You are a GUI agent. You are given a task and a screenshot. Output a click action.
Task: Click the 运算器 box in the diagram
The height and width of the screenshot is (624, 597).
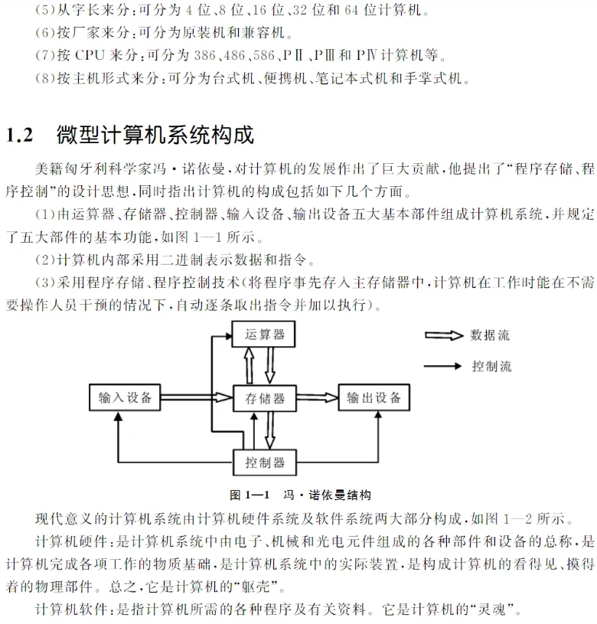263,334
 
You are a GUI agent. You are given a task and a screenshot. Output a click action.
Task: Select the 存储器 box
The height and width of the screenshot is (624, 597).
264,398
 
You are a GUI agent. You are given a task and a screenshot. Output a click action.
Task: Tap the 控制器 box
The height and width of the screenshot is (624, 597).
264,462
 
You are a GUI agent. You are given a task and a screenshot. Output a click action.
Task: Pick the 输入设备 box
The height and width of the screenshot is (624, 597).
124,397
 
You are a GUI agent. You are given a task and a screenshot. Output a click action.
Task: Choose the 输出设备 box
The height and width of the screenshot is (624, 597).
373,397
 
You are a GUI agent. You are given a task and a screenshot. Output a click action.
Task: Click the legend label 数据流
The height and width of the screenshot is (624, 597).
490,335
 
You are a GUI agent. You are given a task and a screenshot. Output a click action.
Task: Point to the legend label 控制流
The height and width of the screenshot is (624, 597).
491,366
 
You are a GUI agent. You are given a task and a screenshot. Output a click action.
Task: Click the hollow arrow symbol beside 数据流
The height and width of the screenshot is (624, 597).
444,335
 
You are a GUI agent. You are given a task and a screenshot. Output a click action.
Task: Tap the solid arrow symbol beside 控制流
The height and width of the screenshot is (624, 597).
444,366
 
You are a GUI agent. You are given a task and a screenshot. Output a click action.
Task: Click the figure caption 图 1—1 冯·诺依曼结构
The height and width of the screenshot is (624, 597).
301,495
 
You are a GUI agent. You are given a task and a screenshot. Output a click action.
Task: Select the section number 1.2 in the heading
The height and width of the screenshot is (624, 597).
19,136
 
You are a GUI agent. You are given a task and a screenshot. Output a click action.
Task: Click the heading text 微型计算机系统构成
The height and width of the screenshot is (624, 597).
155,136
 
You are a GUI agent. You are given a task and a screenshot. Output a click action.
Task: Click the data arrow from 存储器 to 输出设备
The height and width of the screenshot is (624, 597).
317,397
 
